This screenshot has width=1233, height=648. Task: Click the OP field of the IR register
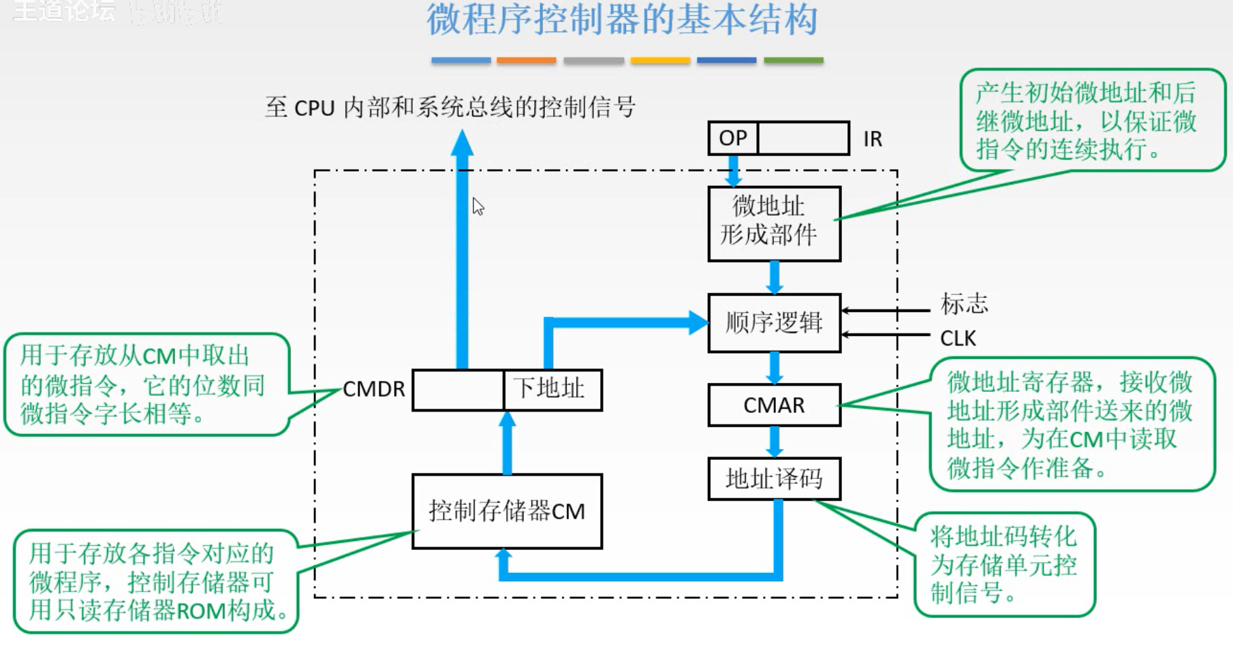click(733, 138)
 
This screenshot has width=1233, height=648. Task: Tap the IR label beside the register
click(873, 139)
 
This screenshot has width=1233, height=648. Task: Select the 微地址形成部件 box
click(774, 223)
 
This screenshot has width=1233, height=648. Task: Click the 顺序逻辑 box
click(774, 323)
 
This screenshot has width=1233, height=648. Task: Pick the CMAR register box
click(774, 405)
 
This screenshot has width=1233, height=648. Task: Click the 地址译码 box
click(774, 479)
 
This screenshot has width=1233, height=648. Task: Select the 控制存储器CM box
click(507, 511)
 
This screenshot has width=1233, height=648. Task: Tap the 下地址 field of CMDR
click(552, 390)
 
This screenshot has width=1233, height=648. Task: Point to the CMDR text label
click(373, 390)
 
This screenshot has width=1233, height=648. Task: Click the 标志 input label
click(963, 304)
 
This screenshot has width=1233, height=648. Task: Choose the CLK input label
click(957, 339)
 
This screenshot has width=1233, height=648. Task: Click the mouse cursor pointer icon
click(478, 206)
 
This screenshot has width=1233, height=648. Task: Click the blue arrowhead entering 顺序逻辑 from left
click(698, 323)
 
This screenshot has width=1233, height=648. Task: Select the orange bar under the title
click(526, 61)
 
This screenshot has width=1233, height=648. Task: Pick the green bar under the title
click(793, 61)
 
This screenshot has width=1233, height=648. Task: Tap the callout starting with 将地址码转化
click(1004, 565)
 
